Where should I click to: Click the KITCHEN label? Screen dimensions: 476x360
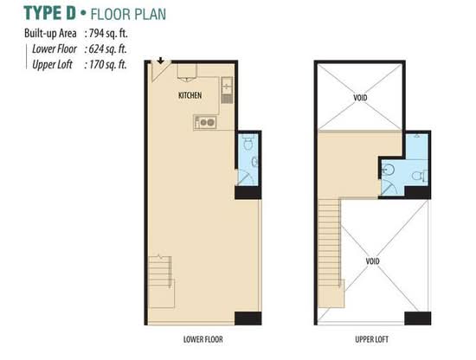pyautogui.click(x=190, y=95)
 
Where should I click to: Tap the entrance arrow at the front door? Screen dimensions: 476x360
pyautogui.click(x=161, y=61)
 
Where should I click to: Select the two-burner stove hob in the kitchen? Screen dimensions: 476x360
pyautogui.click(x=205, y=123)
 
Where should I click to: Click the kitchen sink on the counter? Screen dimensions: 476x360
pyautogui.click(x=227, y=86)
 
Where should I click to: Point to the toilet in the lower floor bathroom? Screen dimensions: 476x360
pyautogui.click(x=248, y=143)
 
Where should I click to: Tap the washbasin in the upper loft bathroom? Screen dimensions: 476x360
pyautogui.click(x=388, y=170)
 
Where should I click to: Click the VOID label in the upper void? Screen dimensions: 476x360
pyautogui.click(x=360, y=98)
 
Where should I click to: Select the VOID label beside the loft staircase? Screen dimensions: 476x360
pyautogui.click(x=372, y=261)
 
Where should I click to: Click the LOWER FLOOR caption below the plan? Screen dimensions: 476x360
pyautogui.click(x=203, y=339)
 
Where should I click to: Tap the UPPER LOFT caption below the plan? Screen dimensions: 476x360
pyautogui.click(x=371, y=339)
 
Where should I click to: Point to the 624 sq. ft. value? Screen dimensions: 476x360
pyautogui.click(x=107, y=48)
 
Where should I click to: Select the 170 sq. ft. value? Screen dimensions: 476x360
pyautogui.click(x=107, y=64)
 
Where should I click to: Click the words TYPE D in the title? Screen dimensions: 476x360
pyautogui.click(x=50, y=13)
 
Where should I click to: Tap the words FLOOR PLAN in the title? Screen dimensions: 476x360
pyautogui.click(x=128, y=14)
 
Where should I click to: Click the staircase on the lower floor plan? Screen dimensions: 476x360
pyautogui.click(x=161, y=281)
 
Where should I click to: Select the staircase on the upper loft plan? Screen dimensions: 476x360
pyautogui.click(x=331, y=253)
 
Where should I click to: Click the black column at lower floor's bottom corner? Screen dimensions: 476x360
pyautogui.click(x=248, y=318)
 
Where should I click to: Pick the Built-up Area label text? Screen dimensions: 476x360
pyautogui.click(x=50, y=34)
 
